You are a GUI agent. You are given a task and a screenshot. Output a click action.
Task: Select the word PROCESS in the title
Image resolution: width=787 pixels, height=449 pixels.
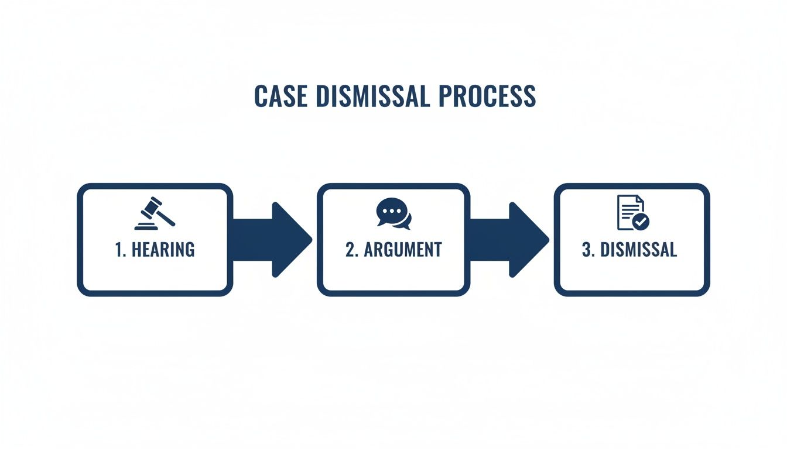tap(487, 97)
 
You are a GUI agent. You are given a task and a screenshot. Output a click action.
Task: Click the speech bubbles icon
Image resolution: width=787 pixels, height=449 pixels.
tap(393, 214)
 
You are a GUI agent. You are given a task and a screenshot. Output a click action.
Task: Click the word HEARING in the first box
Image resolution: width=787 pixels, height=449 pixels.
tap(163, 250)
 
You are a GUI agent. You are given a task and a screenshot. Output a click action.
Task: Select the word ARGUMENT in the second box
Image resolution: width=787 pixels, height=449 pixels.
tap(403, 250)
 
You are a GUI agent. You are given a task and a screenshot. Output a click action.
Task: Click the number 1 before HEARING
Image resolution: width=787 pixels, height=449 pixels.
tap(119, 250)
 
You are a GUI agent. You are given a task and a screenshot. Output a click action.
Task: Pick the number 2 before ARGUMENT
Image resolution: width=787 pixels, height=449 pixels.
tap(350, 250)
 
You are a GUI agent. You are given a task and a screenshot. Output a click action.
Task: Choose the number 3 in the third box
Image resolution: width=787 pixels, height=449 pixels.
tap(587, 250)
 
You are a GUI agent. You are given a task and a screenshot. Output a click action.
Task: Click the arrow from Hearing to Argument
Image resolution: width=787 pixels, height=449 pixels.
tap(271, 240)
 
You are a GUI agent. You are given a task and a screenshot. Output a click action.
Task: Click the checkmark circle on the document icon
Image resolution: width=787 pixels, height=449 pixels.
tap(641, 222)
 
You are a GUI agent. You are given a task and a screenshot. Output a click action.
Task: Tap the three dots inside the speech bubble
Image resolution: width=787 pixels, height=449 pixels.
tap(389, 210)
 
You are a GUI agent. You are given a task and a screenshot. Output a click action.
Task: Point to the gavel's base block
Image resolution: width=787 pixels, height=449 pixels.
tap(148, 227)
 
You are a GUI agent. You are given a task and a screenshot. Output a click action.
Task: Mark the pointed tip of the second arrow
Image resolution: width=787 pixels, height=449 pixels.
tap(548, 240)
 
